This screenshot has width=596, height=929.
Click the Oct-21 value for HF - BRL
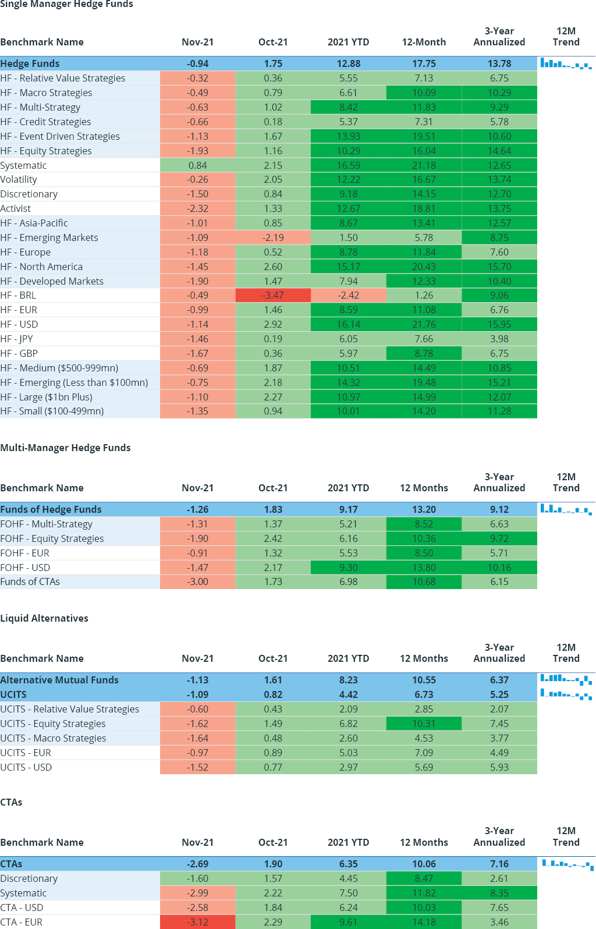coord(273,295)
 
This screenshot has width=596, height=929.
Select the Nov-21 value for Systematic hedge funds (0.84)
coord(198,165)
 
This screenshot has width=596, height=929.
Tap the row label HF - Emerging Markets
coord(49,237)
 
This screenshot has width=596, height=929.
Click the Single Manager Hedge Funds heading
coord(66,5)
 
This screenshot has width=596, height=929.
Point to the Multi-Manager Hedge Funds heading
coord(65,448)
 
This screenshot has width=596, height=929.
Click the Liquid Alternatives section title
coord(44,618)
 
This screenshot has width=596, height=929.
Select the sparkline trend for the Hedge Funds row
coord(566,63)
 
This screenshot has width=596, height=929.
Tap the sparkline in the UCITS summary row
coord(566,694)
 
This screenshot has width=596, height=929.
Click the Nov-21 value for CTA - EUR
coord(198,922)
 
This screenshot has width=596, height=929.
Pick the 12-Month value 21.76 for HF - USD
coord(424,324)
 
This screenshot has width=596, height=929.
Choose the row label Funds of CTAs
coord(30,581)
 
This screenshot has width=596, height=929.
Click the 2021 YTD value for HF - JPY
coord(348,339)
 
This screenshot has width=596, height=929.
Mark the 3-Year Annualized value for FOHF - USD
coord(499,568)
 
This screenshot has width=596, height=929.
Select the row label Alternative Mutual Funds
coord(59,680)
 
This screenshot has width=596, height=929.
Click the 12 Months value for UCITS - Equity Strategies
coord(424,724)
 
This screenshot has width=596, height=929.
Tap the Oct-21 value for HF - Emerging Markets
coord(273,237)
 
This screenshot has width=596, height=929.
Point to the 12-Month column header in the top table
coord(424,42)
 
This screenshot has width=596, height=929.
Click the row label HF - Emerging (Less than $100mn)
coord(74,382)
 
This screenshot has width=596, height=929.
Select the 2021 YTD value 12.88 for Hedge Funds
coord(348,63)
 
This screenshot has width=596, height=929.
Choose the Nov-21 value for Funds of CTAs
coord(198,581)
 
